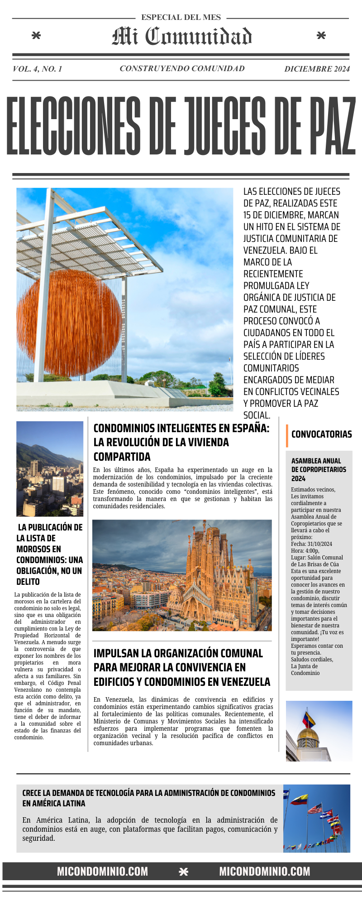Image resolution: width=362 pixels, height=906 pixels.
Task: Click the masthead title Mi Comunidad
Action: (182, 36)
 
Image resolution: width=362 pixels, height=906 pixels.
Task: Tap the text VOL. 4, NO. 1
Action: (38, 69)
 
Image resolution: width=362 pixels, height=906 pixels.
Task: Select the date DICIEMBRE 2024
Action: (317, 69)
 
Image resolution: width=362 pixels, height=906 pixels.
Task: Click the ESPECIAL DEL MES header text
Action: (181, 18)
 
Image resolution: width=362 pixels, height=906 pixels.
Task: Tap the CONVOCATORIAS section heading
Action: (321, 434)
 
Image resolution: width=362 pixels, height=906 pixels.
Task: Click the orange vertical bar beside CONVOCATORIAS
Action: (287, 435)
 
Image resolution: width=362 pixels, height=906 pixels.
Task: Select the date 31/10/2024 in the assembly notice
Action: (319, 544)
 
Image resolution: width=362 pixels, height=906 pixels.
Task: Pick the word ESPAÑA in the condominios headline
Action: (247, 428)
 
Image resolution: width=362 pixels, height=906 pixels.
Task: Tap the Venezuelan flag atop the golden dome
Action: (309, 718)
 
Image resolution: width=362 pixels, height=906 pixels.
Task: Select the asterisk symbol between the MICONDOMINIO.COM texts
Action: (183, 872)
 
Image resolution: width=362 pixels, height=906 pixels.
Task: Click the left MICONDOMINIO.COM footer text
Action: (102, 872)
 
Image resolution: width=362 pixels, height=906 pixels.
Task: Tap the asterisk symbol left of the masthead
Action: (36, 35)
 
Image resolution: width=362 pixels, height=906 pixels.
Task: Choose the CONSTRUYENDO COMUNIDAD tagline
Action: (182, 68)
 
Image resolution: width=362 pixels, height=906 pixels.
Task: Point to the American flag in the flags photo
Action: (315, 809)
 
